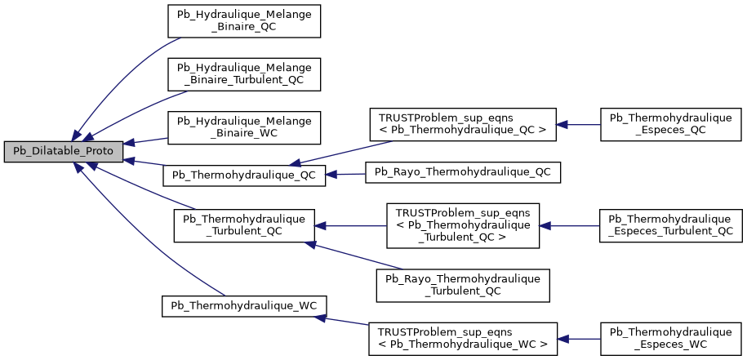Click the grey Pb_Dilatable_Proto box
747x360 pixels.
point(64,151)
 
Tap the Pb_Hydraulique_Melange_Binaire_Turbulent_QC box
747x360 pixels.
point(244,73)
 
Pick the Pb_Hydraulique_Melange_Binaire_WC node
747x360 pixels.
point(244,127)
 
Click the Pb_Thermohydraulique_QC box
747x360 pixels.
point(244,174)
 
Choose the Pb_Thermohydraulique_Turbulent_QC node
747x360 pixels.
point(244,224)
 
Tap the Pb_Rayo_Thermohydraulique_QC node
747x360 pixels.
point(463,172)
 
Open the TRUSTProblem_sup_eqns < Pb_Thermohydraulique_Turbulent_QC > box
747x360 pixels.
point(462,225)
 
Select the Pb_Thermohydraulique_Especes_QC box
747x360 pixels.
point(670,124)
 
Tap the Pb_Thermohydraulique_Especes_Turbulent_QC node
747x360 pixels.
point(670,225)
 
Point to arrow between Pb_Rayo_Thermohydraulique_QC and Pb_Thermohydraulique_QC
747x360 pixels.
point(346,174)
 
